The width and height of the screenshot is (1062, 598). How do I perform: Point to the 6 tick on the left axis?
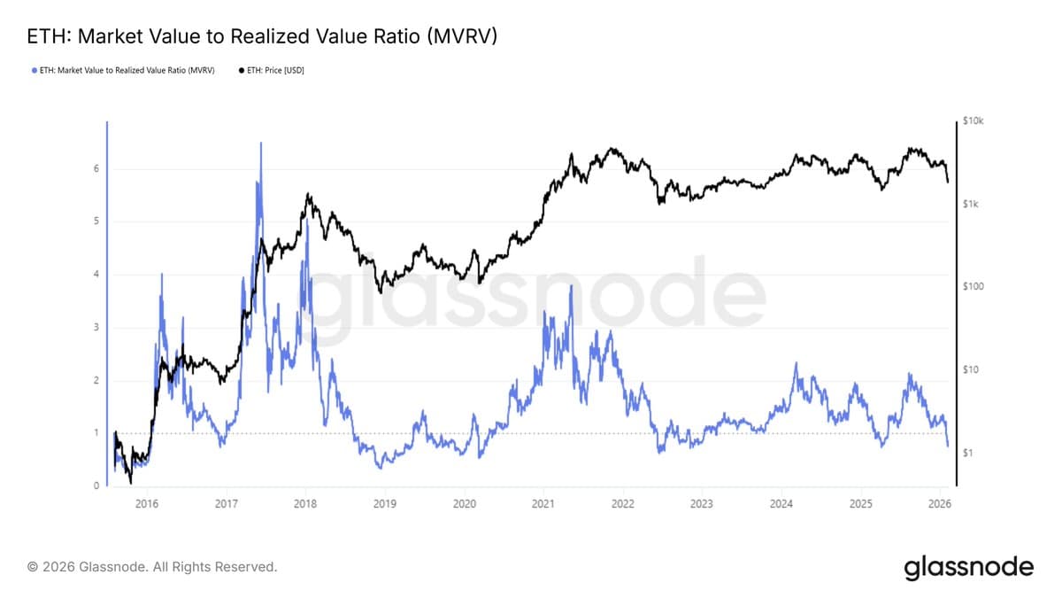[x=96, y=168]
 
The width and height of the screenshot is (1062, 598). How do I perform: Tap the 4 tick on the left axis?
[x=96, y=275]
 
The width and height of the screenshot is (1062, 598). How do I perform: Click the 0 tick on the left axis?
[x=96, y=486]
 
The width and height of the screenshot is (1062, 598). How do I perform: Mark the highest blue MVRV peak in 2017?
[x=261, y=143]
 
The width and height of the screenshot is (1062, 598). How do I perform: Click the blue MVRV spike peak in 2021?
[x=572, y=285]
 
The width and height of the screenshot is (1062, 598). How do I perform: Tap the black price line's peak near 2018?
[x=307, y=194]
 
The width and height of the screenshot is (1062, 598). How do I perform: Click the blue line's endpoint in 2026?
[x=948, y=446]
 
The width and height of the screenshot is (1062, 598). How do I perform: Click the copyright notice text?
[x=152, y=566]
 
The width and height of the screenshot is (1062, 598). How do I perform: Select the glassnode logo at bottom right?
[x=968, y=567]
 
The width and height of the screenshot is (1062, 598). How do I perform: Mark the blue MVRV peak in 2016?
[x=162, y=274]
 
